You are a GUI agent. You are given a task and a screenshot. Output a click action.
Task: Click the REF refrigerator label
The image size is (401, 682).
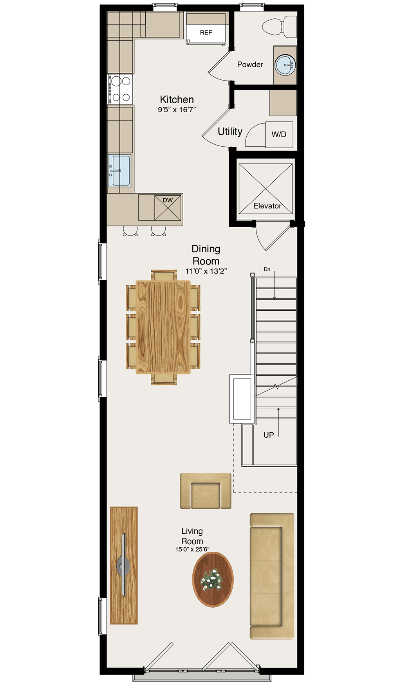pos(206,32)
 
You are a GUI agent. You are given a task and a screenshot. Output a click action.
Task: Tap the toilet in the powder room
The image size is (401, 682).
pos(279,27)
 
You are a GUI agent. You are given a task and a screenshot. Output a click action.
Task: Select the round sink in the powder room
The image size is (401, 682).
pos(285,65)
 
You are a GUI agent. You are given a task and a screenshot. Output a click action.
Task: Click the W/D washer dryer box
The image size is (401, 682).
pos(279,135)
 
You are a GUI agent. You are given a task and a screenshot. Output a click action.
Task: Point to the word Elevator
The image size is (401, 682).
pos(267,206)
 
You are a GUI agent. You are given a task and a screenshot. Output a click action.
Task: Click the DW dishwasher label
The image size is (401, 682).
pos(168,200)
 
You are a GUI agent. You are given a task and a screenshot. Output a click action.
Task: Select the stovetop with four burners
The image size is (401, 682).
pos(120,89)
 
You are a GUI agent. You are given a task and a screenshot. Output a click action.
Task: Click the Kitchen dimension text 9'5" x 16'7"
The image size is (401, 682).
pos(177,110)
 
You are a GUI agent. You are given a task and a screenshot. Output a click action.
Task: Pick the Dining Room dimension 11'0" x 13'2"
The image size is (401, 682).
pos(206,271)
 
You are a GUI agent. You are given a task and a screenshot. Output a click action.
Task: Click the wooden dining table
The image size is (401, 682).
pos(163,327)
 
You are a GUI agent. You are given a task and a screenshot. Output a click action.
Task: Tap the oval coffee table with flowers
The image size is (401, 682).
pos(213,579)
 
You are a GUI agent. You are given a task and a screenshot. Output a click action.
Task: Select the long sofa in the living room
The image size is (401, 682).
pos(272,576)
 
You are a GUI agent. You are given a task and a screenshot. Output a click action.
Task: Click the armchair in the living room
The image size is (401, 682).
pos(206,491)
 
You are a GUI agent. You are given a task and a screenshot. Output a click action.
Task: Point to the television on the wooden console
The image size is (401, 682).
pos(123,565)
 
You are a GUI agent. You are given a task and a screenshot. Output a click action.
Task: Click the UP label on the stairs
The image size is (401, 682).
pos(269,435)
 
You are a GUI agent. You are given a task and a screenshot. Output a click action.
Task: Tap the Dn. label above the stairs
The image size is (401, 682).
pos(267,269)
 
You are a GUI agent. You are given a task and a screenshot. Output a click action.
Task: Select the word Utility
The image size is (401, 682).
pos(230,131)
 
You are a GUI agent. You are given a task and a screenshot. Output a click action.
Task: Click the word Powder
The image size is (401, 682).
pos(250,65)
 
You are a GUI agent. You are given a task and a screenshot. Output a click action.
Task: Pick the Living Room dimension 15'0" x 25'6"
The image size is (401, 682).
pos(192,549)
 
